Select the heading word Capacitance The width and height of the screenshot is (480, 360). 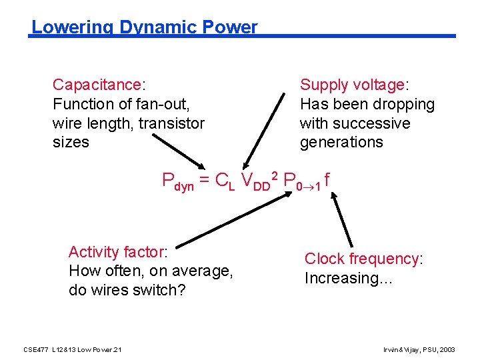(97, 85)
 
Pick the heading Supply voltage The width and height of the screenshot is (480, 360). (353, 85)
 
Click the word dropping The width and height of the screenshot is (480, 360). (404, 104)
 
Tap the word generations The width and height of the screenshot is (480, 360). (341, 142)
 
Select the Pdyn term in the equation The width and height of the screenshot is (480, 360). (178, 181)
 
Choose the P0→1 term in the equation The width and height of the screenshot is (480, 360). (301, 181)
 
